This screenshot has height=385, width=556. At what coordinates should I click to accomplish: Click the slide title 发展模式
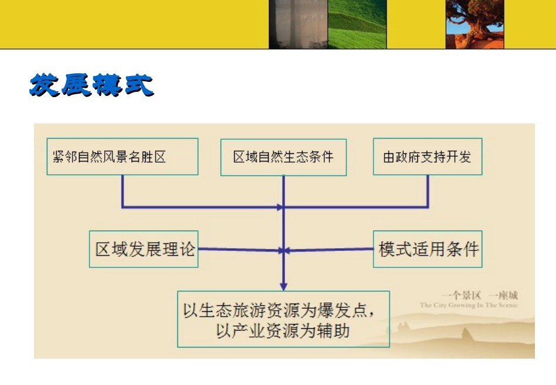pos(91,85)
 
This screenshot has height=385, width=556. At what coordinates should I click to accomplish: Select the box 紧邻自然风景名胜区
pos(122,156)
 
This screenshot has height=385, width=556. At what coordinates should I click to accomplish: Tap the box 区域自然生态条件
pos(283,157)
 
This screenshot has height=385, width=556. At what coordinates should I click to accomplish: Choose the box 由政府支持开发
pos(427,157)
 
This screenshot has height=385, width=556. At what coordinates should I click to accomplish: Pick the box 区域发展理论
pos(143,249)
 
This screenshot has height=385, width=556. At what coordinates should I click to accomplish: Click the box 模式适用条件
pos(428,249)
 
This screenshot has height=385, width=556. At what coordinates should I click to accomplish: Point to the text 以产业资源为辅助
pos(283,331)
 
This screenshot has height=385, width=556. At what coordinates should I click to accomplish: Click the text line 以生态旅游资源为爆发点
pos(278,310)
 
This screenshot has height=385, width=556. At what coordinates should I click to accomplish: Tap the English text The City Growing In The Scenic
pos(469,305)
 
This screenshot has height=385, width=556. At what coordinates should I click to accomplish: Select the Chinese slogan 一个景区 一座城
pos(480,295)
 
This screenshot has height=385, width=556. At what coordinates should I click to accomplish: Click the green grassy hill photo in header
pos(358,24)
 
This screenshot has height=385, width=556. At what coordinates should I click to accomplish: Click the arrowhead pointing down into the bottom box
pos(283,286)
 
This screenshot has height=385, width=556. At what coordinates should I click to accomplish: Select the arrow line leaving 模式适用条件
pos(331,250)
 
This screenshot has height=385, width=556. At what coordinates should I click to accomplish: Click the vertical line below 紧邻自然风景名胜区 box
pos(122,190)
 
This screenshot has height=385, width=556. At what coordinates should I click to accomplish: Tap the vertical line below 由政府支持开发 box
pos(428,190)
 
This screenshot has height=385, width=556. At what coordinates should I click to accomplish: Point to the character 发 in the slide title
pos(45,85)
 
